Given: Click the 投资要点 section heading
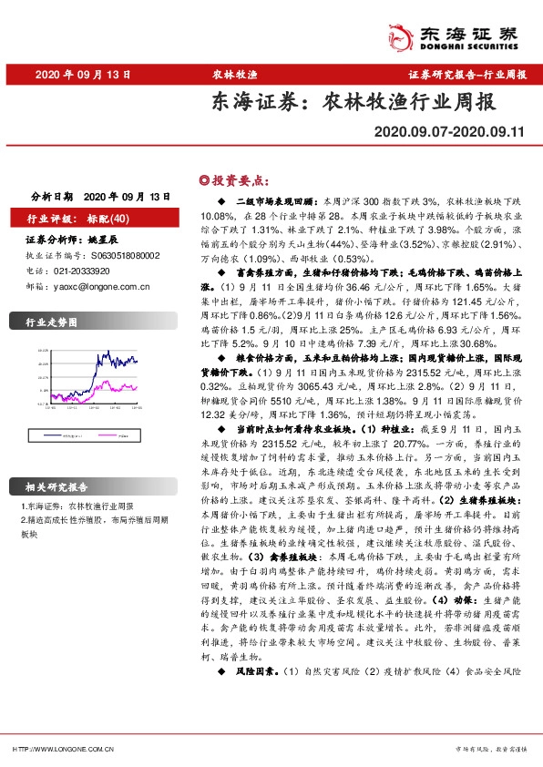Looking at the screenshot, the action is (236, 180).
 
